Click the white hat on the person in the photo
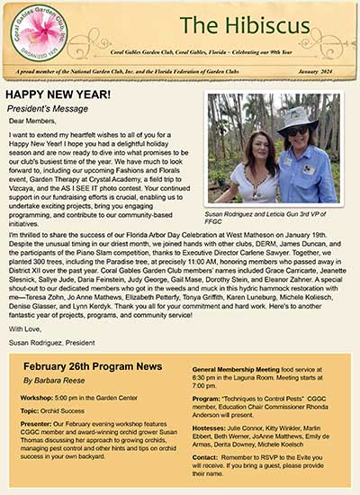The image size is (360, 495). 298,116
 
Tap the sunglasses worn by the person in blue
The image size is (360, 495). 298,130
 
